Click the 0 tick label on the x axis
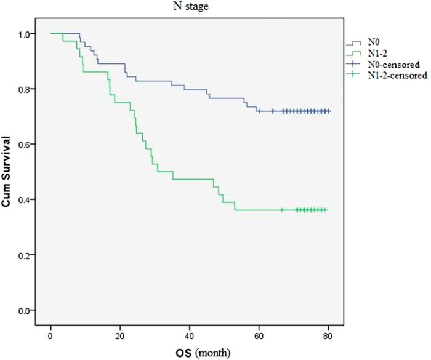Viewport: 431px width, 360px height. click(x=50, y=335)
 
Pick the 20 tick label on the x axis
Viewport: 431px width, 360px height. click(x=120, y=335)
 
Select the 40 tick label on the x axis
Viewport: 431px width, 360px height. click(x=190, y=335)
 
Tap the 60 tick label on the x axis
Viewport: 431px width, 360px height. click(x=259, y=335)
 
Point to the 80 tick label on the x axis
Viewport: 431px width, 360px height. click(x=328, y=335)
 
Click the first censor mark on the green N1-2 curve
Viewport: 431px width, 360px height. click(x=282, y=210)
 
